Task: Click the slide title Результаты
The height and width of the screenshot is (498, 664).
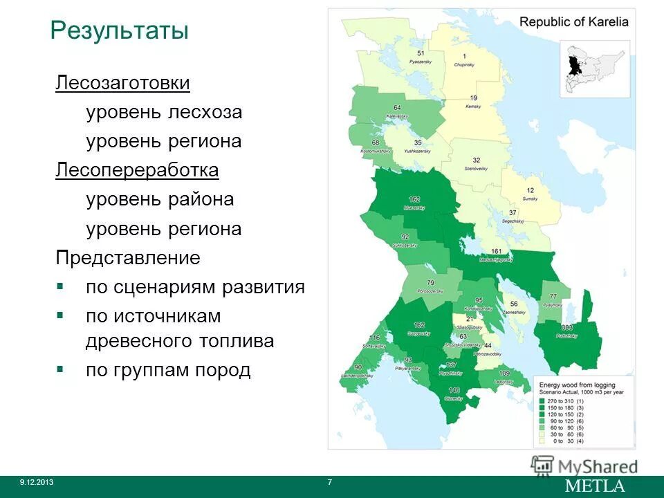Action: (x=119, y=32)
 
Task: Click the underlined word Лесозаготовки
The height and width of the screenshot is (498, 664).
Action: (x=122, y=84)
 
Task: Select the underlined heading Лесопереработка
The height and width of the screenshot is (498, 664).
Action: (x=137, y=170)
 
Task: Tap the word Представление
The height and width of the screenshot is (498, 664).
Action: (x=128, y=258)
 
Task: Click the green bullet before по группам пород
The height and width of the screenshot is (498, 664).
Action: (x=60, y=369)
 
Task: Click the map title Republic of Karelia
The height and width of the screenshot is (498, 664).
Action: (x=573, y=22)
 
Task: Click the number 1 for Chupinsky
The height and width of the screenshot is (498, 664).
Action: (x=464, y=56)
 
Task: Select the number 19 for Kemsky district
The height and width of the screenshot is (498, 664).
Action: (x=473, y=98)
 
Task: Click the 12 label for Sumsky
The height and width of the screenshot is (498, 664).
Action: (x=530, y=190)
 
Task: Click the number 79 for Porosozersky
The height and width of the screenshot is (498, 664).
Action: (x=430, y=283)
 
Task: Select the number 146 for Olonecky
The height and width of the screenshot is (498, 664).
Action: (x=454, y=390)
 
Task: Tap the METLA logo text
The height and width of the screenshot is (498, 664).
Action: (x=594, y=486)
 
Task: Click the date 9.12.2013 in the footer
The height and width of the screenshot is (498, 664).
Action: (x=36, y=482)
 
